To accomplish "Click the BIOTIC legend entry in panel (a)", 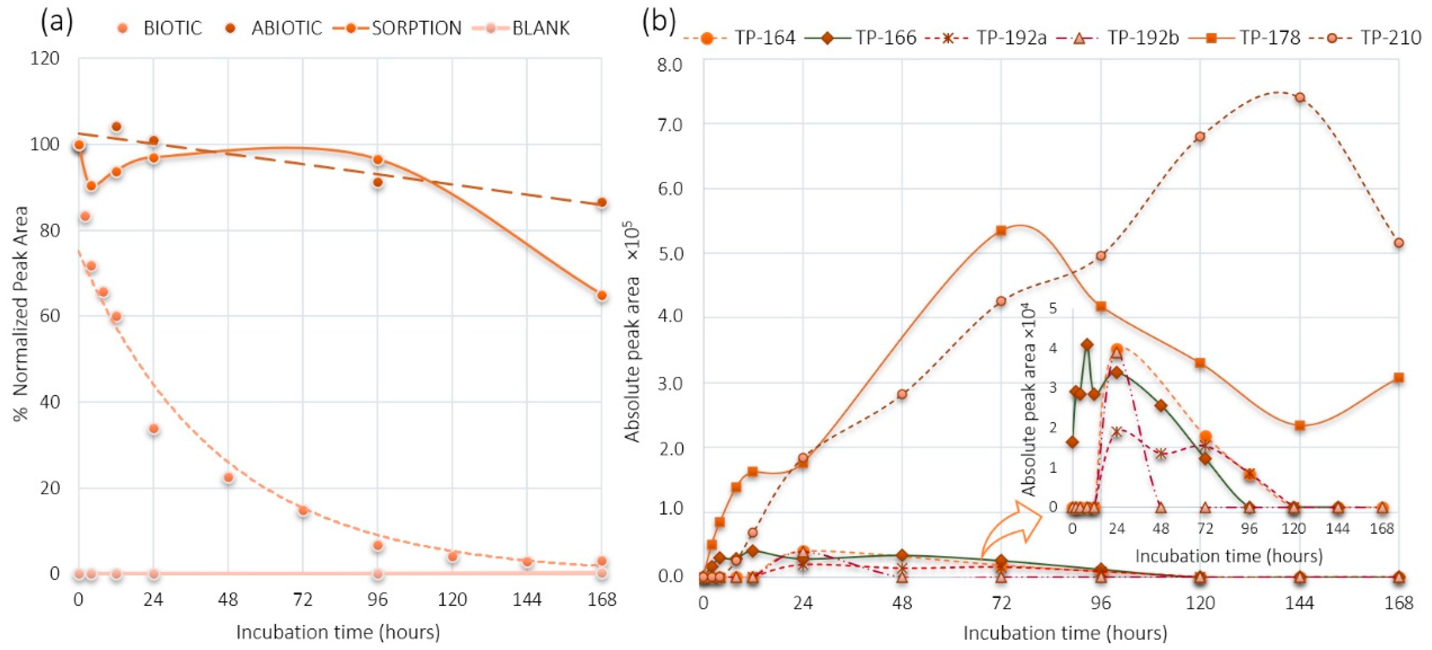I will [161, 28].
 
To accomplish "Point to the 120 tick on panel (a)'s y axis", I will [45, 58].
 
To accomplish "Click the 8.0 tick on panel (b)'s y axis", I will [669, 65].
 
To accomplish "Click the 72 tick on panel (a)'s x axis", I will [302, 599].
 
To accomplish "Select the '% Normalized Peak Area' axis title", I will [21, 314].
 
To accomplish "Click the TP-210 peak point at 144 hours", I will [1300, 97].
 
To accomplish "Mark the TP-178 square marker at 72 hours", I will [1001, 230].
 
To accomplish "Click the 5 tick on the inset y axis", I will [1052, 308].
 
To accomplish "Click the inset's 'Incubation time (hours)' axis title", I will [1229, 556].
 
